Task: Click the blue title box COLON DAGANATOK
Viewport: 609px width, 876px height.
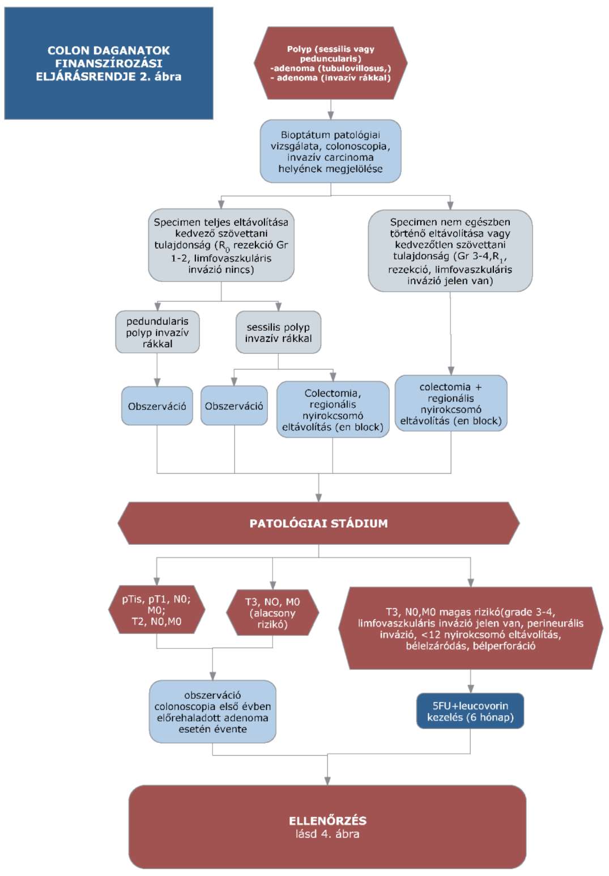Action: coord(108,63)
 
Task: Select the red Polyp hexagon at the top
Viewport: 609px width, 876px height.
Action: coord(330,63)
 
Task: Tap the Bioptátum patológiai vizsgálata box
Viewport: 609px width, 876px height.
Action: coord(330,151)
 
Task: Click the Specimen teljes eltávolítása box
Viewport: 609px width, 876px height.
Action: coord(221,245)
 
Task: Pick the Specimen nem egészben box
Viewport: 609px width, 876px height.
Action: coord(450,251)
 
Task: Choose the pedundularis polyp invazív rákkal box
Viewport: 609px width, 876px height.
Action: coord(157,332)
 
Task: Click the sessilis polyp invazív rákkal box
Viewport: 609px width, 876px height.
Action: coord(278,332)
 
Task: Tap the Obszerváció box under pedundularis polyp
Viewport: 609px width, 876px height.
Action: coord(157,405)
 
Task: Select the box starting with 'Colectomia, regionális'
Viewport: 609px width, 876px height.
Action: coord(333,409)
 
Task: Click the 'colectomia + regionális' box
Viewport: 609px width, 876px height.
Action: coord(451,403)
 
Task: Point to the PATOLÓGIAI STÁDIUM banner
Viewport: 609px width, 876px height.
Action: coord(319,523)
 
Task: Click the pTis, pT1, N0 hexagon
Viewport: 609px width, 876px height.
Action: coord(156,610)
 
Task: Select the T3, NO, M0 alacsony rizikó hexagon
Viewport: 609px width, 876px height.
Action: coord(272,613)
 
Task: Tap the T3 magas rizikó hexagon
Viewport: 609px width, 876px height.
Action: coord(471,628)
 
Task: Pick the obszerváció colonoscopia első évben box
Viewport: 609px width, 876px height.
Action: coord(212,712)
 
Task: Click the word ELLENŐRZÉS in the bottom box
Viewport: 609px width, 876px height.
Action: coord(328,821)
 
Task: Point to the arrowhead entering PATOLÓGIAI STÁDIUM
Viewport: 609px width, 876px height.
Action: coord(319,498)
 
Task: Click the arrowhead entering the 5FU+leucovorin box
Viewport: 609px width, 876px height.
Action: coord(471,690)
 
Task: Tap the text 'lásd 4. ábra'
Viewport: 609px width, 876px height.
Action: coord(328,834)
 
